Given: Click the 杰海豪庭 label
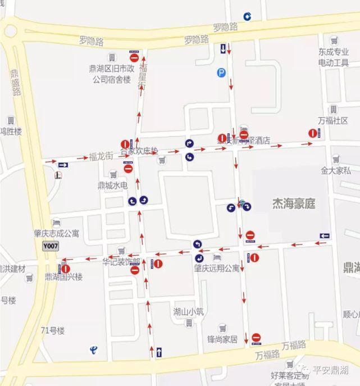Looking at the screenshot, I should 293,204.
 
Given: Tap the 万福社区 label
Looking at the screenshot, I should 333,121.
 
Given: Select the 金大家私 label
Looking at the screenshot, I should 336,170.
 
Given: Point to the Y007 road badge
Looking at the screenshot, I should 51,246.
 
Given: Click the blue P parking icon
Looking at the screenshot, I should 222,72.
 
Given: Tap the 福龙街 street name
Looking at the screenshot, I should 101,157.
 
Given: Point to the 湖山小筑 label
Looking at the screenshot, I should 188,312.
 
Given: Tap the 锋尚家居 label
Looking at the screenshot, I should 222,339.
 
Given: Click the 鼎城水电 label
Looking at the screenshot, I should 113,185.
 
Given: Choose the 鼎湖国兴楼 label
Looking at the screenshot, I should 63,277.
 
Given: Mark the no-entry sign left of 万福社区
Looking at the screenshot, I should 312,133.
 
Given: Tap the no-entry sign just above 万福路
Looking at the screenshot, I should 256,338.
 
